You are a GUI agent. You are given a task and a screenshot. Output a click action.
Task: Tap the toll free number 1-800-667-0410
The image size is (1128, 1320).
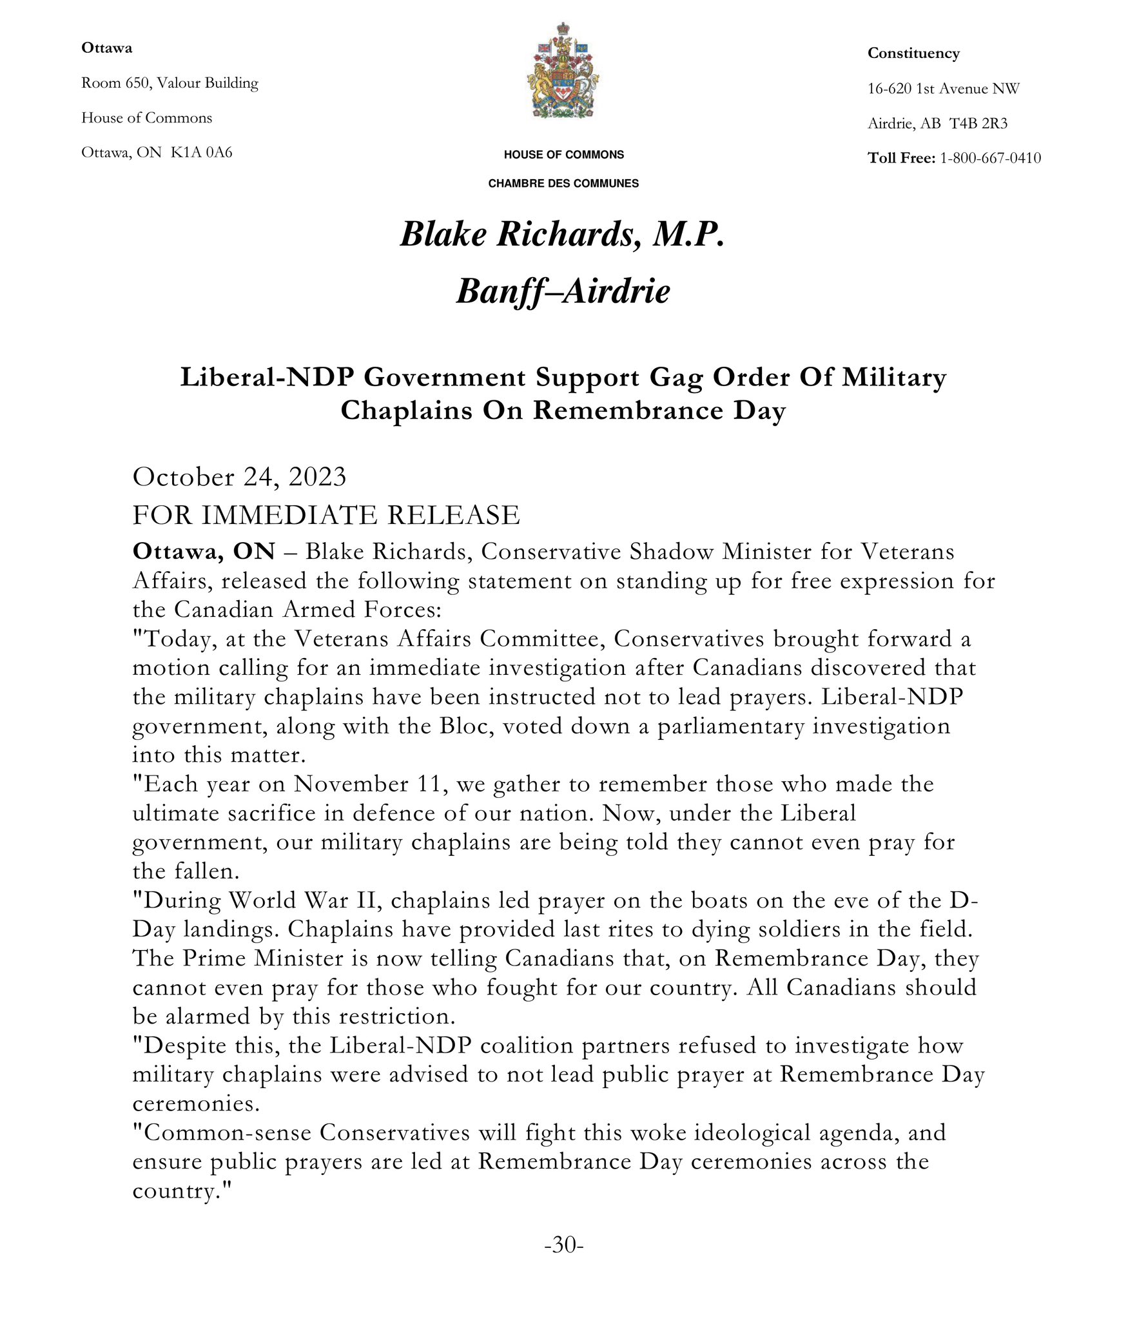tap(990, 159)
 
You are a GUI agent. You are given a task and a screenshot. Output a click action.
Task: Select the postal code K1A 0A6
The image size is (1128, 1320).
tap(201, 153)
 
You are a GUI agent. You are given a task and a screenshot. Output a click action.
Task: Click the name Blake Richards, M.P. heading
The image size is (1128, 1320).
tap(563, 234)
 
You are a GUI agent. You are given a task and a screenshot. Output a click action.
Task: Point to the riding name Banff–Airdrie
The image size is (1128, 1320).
tap(563, 291)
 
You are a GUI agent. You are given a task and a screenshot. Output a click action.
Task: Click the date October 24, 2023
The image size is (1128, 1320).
tap(239, 478)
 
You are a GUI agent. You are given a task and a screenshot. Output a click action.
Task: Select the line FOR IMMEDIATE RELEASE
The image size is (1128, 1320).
tap(326, 516)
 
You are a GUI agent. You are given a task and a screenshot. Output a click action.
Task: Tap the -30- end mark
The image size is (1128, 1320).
tap(564, 1245)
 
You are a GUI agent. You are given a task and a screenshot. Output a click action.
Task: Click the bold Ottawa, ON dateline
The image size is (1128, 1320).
tap(204, 552)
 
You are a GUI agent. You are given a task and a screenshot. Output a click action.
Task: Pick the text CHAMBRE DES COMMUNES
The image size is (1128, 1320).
tap(563, 184)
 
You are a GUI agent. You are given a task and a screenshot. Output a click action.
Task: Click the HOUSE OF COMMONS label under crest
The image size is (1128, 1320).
tap(563, 155)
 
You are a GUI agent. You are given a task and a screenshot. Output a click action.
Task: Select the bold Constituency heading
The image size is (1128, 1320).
tap(913, 53)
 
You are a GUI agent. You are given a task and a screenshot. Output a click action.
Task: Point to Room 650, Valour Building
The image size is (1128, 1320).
tap(170, 83)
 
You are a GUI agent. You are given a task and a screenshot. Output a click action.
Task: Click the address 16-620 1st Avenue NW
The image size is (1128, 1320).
tap(943, 89)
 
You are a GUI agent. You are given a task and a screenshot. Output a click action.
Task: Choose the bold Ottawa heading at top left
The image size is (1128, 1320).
tap(106, 48)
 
